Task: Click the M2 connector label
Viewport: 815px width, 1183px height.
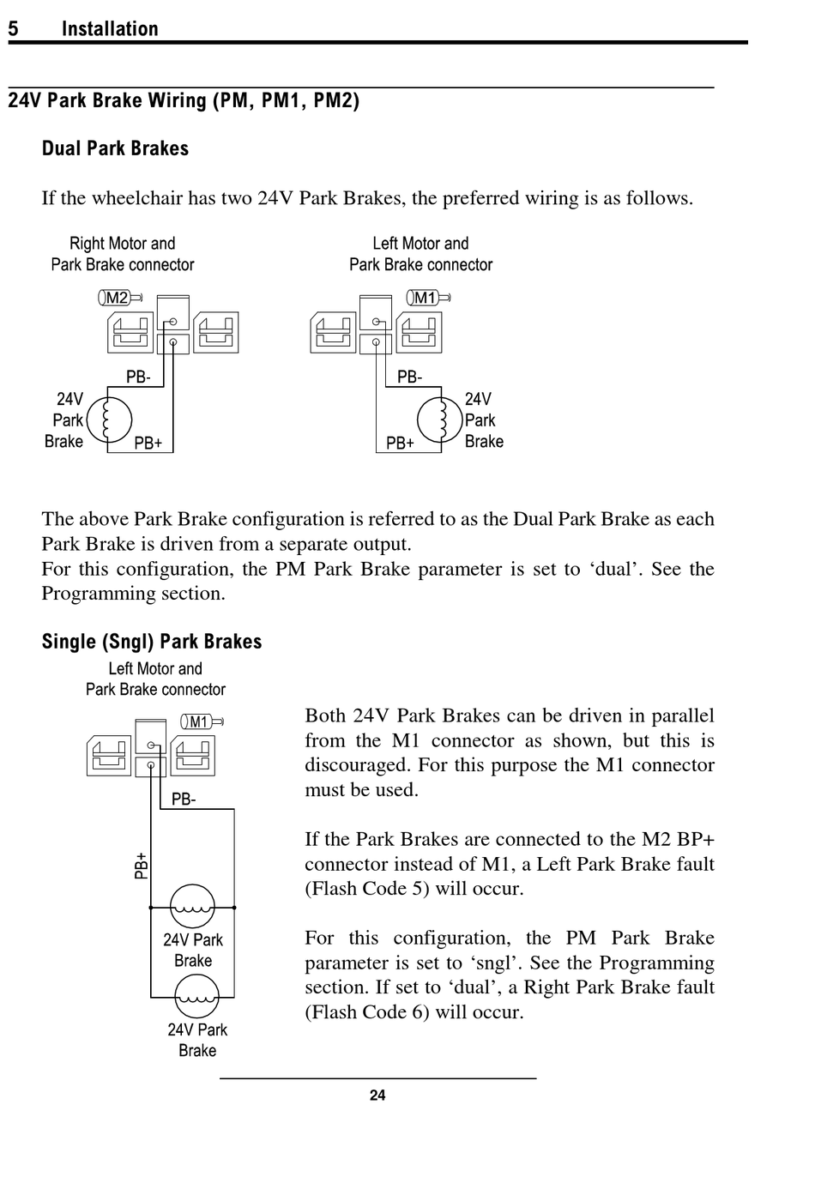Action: coord(118,299)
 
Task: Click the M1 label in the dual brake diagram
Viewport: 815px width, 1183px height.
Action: coord(426,299)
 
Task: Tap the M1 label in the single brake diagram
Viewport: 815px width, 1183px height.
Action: coord(199,722)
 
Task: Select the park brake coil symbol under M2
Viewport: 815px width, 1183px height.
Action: coord(110,419)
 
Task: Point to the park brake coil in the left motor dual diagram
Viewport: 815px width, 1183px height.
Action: coord(439,419)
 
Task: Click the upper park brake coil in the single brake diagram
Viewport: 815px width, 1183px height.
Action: coord(192,906)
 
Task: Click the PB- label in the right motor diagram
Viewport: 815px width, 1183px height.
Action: coord(138,377)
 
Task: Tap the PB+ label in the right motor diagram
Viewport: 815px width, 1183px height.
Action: coord(148,444)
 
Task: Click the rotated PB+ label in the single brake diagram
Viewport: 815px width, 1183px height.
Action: coord(142,866)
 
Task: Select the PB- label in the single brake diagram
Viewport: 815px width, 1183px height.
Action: coord(184,800)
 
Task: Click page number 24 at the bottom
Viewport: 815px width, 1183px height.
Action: coord(377,1095)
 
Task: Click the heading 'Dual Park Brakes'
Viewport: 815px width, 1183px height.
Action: coord(115,149)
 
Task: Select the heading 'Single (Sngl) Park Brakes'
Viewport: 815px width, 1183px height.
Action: coord(152,642)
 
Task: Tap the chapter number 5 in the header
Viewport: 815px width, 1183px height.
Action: coord(14,29)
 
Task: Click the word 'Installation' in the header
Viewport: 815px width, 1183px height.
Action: coord(110,29)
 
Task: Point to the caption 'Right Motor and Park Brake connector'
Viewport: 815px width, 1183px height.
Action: coord(122,254)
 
